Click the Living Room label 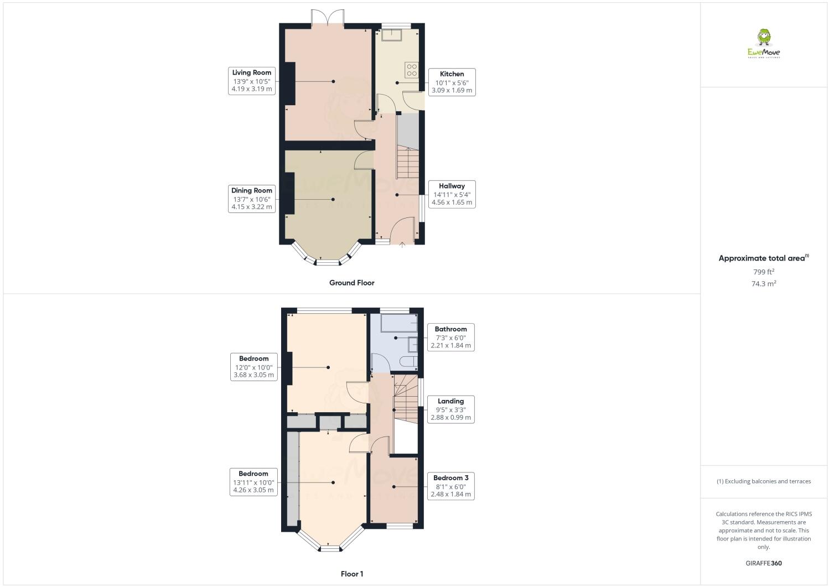point(252,81)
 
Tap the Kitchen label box point(452,82)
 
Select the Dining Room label point(252,199)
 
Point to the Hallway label point(452,194)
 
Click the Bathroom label point(450,337)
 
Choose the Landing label point(450,409)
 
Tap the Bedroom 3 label point(450,486)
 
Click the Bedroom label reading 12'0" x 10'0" point(253,366)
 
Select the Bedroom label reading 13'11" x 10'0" point(253,481)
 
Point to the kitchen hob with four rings point(412,70)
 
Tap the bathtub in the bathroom point(398,323)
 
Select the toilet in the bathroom point(407,362)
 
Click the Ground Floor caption point(352,283)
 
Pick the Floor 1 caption point(352,574)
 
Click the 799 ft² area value point(764,272)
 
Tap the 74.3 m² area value point(764,283)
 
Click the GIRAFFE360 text point(764,563)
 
